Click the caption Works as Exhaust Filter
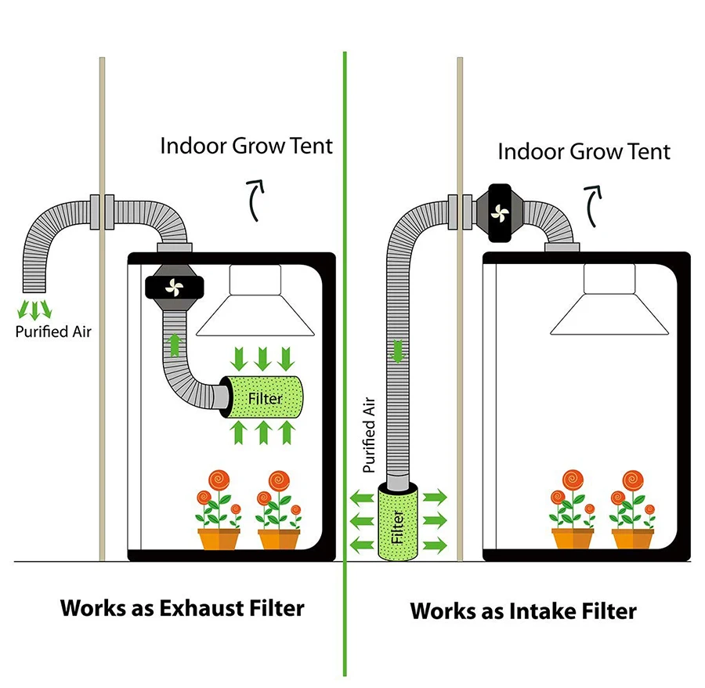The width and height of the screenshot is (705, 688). pyautogui.click(x=182, y=608)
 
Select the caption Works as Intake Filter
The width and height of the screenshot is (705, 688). pyautogui.click(x=523, y=610)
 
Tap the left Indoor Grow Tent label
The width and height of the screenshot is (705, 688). pyautogui.click(x=246, y=146)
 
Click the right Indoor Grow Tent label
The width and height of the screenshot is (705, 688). pyautogui.click(x=584, y=150)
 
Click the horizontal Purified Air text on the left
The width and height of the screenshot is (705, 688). pyautogui.click(x=53, y=331)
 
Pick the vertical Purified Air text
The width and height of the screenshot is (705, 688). pyautogui.click(x=371, y=436)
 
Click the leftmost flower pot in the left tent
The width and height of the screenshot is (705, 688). pyautogui.click(x=218, y=538)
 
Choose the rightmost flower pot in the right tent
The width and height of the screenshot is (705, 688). pyautogui.click(x=632, y=538)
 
